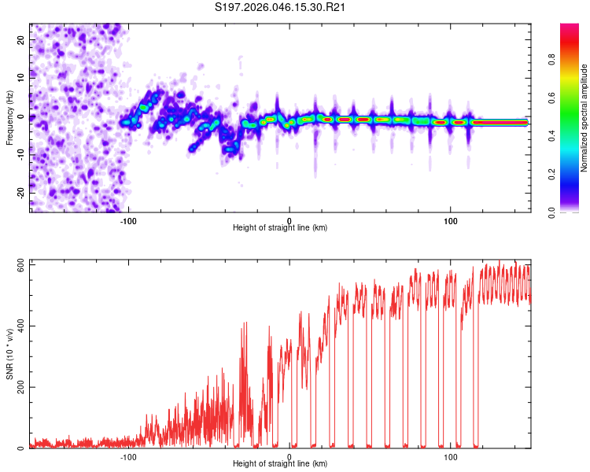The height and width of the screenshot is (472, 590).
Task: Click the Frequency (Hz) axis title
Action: [9, 117]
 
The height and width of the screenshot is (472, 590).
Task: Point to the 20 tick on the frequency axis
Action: [21, 39]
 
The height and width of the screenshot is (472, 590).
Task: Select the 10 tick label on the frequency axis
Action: [21, 78]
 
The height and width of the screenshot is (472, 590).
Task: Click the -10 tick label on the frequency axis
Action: [20, 155]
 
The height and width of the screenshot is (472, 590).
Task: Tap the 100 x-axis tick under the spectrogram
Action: [451, 221]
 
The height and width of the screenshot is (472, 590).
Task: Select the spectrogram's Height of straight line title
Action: [281, 228]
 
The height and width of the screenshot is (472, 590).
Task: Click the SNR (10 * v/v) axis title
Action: [9, 354]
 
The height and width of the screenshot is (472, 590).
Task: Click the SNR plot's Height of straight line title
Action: [281, 464]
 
